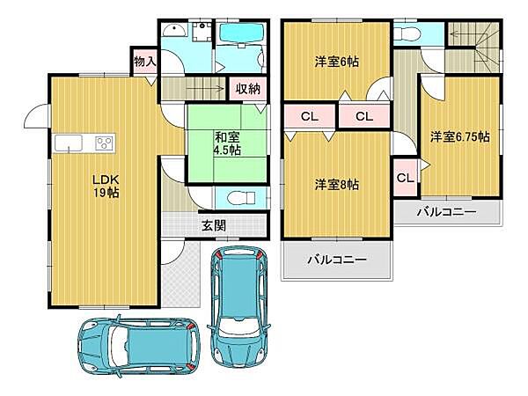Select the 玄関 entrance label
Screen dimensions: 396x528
[x=213, y=225]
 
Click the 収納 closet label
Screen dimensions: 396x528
[x=247, y=88]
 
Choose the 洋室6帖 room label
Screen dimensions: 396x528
[x=338, y=62]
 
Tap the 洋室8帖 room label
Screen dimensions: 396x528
[x=338, y=184]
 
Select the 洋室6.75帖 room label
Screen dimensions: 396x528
[x=459, y=138]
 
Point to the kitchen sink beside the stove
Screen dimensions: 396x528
[x=69, y=143]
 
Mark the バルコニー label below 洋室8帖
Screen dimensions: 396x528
[x=335, y=260]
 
